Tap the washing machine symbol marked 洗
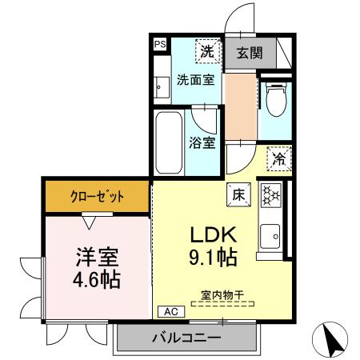pyautogui.click(x=206, y=50)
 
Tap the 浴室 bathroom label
pyautogui.click(x=202, y=144)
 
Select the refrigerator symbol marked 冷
pyautogui.click(x=278, y=158)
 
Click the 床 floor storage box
pyautogui.click(x=238, y=193)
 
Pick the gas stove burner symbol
pyautogui.click(x=270, y=195)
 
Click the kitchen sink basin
pyautogui.click(x=270, y=236)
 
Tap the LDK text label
pyautogui.click(x=211, y=236)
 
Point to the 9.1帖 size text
pyautogui.click(x=211, y=259)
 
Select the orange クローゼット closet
pyautogui.click(x=96, y=195)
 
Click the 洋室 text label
pyautogui.click(x=97, y=258)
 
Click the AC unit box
pyautogui.click(x=170, y=311)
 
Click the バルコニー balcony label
pyautogui.click(x=186, y=338)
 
